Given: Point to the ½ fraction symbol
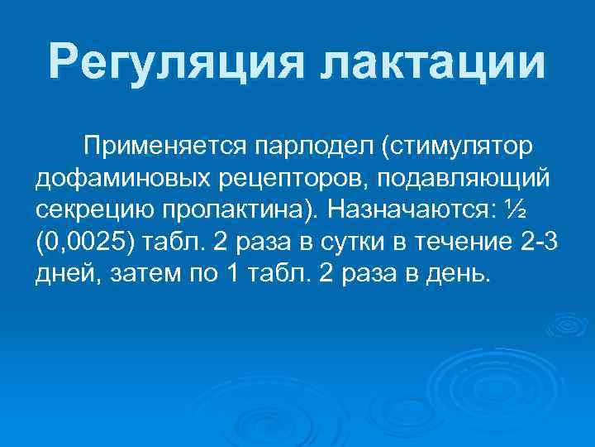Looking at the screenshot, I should tap(515, 209).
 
